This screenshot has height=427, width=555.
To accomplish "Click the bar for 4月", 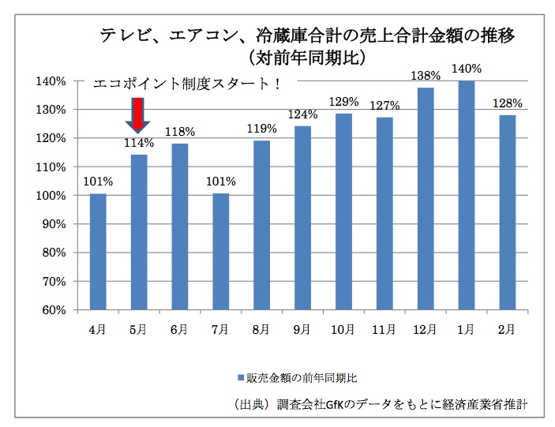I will [x=98, y=251].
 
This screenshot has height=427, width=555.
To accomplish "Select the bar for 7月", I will [x=221, y=251].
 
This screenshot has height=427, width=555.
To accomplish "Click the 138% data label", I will [x=426, y=76].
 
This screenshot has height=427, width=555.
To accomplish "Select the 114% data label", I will [x=138, y=143].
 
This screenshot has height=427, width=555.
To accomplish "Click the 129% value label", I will [x=343, y=102].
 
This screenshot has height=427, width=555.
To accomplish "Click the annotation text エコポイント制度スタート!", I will [x=187, y=84].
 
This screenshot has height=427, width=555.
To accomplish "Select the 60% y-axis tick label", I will [x=54, y=309].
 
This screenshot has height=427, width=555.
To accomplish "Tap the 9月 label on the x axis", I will [x=302, y=328].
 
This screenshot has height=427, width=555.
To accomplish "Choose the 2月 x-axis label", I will [x=507, y=328].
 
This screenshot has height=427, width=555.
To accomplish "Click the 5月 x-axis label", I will [x=138, y=328].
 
